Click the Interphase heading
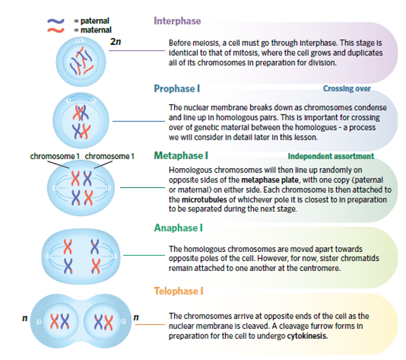click(177, 21)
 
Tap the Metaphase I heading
click(181, 156)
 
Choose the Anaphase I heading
click(178, 228)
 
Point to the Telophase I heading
click(179, 291)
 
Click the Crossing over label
click(347, 88)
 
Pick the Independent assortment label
click(330, 157)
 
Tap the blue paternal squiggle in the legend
click(56, 21)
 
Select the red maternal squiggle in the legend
click(56, 30)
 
